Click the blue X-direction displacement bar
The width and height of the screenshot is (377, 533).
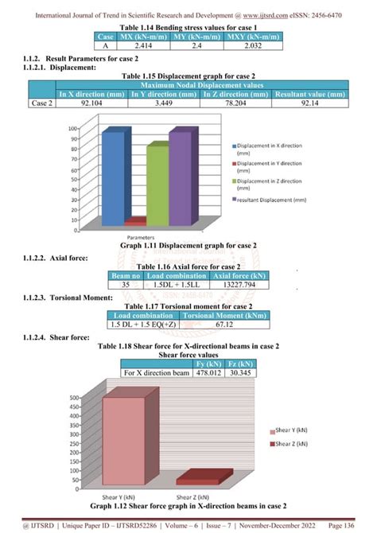point(113,177)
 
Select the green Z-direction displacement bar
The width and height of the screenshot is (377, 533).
point(157,185)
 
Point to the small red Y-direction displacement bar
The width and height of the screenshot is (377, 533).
point(135,221)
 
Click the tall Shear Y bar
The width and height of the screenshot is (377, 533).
point(123,439)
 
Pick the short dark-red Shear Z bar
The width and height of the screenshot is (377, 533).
point(202,477)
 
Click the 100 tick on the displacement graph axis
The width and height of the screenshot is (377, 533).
point(72,128)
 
